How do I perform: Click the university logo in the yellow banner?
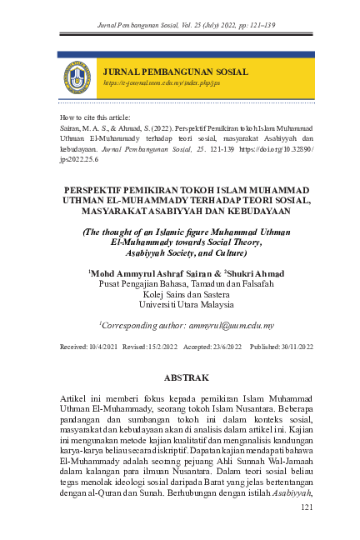click(77, 77)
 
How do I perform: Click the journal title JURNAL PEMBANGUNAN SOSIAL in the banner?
click(175, 72)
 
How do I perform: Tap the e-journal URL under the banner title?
click(161, 84)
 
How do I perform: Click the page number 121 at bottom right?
click(306, 507)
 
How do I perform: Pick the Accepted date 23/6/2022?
click(221, 346)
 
